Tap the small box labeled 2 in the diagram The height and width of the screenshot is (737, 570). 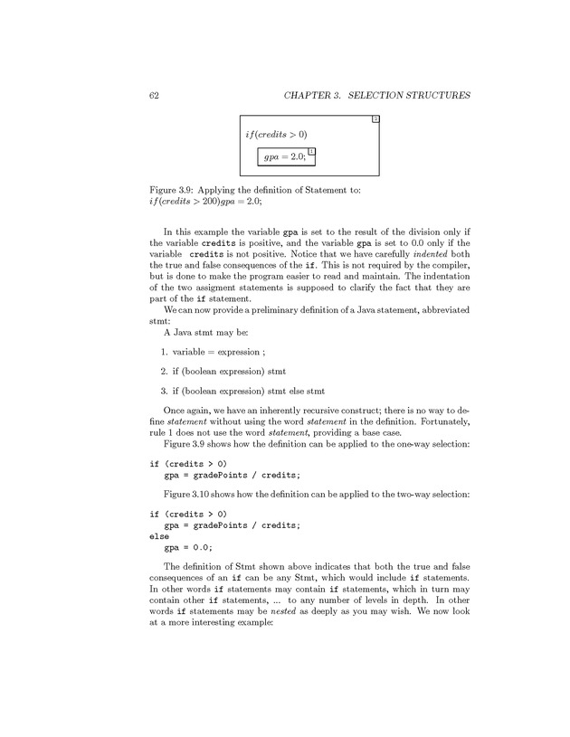[375, 120]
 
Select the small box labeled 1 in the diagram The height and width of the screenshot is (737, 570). [310, 151]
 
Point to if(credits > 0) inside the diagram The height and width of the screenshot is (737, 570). [276, 135]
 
